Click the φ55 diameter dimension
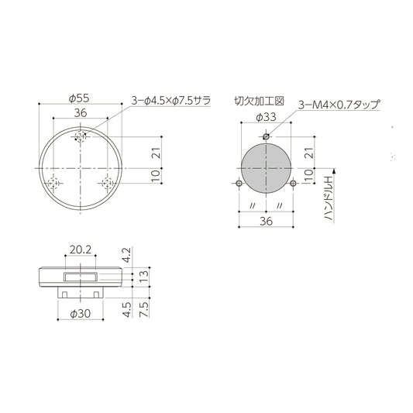click(x=80, y=98)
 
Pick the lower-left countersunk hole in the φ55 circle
click(x=53, y=184)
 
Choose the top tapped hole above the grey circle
click(x=265, y=137)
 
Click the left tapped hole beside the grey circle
click(x=237, y=184)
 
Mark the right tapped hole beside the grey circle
click(x=293, y=184)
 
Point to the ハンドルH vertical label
click(x=328, y=198)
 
